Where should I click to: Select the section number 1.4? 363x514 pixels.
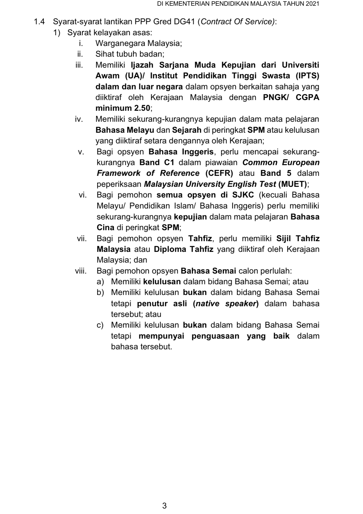[39, 22]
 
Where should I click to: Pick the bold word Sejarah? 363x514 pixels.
[187, 130]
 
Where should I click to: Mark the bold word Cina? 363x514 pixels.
[105, 228]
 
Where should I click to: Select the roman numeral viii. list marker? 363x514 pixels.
[81, 271]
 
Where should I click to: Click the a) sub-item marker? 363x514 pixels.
[100, 282]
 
